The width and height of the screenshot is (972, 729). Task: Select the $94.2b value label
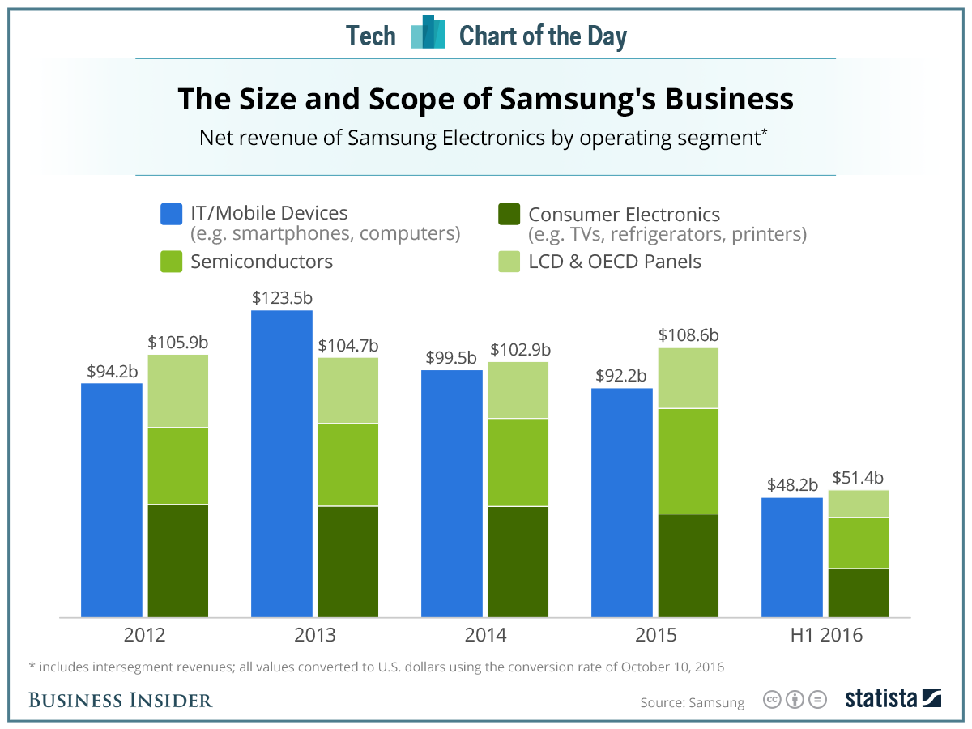tap(113, 372)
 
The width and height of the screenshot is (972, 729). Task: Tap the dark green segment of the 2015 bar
tap(688, 565)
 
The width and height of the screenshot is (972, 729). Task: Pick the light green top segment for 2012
tap(178, 390)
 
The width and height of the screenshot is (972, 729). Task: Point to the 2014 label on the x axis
tap(485, 635)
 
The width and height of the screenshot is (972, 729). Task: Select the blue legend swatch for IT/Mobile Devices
tap(172, 215)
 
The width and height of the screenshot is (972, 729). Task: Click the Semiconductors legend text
tap(262, 262)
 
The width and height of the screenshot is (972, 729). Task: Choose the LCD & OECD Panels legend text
tap(615, 262)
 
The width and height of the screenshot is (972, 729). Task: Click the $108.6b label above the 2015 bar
tap(688, 335)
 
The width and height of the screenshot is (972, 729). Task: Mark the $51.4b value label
tap(859, 478)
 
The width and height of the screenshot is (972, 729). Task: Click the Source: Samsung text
tap(692, 702)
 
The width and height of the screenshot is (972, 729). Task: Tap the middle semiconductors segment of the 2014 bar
tap(518, 463)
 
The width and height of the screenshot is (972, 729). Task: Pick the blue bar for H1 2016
tap(792, 557)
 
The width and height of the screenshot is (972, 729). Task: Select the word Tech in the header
tap(371, 36)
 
